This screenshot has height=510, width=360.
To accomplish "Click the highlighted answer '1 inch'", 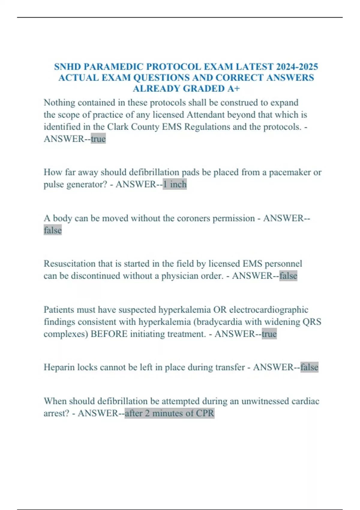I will click(175, 184).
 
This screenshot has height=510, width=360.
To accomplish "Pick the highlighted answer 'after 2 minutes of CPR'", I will click(169, 413).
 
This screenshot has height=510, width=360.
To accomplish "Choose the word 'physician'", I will click(180, 276).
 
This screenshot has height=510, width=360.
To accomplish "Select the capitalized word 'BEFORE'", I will click(109, 334).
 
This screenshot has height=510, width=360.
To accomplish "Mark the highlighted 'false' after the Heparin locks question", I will click(309, 367).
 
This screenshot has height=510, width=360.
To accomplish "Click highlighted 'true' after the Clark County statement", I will click(98, 139).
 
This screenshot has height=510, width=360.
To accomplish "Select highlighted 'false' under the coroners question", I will click(53, 230).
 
